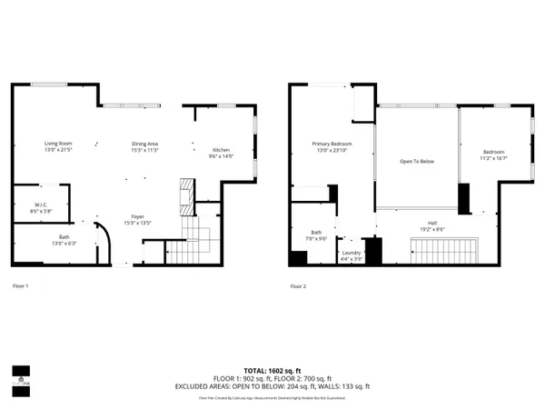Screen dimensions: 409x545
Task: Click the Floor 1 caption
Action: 21,286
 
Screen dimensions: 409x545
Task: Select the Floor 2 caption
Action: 299,286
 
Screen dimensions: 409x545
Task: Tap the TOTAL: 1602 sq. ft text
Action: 272,371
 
